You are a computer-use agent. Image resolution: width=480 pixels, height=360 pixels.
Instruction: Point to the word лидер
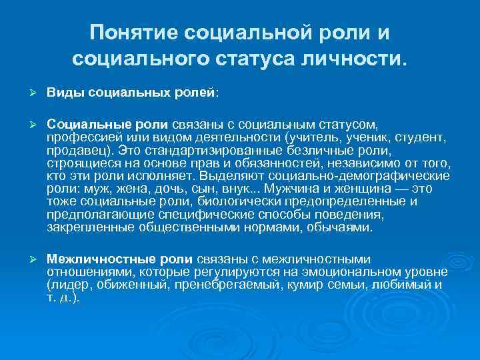coord(69,285)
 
